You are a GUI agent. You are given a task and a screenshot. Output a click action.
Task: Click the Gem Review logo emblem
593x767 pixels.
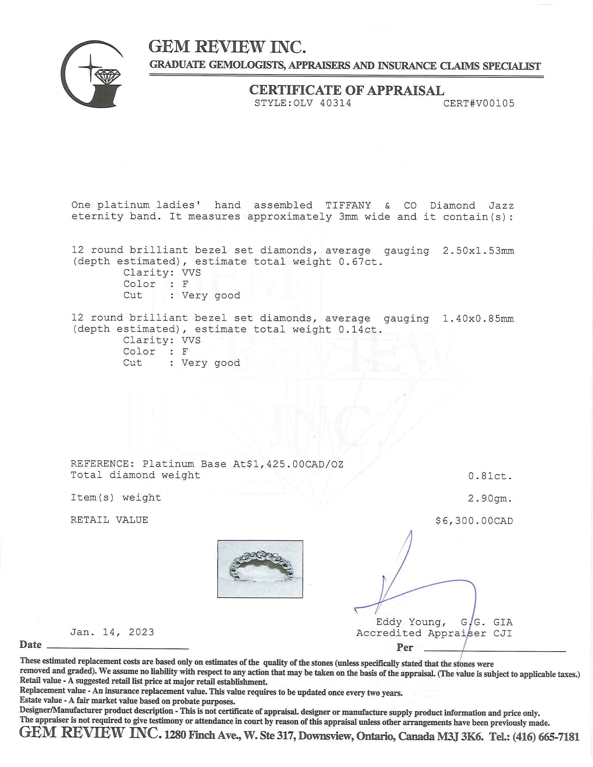point(92,75)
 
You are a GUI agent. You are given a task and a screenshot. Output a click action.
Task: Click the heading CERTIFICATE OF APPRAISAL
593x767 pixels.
point(346,90)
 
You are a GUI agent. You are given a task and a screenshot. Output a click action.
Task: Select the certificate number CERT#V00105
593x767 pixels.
point(479,103)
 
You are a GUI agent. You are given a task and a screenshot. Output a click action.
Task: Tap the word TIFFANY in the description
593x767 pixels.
point(348,205)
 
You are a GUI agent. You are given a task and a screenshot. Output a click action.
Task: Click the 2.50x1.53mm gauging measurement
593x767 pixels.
point(478,251)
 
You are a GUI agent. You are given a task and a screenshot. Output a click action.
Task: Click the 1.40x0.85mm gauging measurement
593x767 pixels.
point(478,319)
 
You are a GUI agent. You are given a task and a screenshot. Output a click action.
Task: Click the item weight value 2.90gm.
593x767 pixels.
point(490,498)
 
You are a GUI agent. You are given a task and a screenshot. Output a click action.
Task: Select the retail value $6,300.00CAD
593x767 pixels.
point(474,521)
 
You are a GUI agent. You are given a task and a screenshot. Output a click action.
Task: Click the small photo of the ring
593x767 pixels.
point(260,569)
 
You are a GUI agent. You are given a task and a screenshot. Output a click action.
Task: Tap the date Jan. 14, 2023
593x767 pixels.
point(112,632)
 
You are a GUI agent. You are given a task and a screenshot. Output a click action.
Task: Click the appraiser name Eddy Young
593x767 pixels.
point(411,622)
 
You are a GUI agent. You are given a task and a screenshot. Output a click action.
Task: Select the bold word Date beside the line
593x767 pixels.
point(31,645)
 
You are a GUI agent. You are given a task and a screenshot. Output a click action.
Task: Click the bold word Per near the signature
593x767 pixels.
point(405,648)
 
